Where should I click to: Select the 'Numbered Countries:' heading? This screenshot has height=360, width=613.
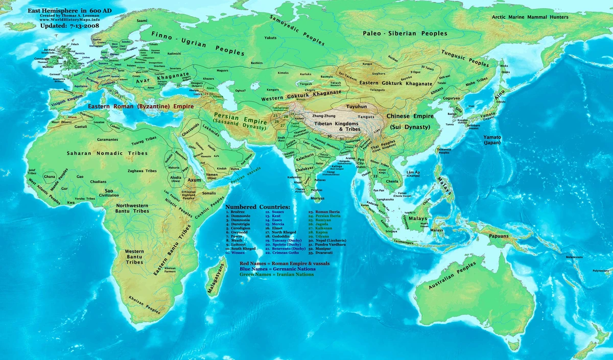257,207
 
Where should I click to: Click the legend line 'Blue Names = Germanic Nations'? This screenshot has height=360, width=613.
277,269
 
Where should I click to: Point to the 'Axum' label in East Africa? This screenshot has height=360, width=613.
194,180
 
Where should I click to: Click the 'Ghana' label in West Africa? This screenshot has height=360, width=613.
50,176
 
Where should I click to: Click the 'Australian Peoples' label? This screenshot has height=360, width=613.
446,282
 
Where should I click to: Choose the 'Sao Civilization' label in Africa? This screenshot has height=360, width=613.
109,192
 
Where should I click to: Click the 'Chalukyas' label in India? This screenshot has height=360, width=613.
290,168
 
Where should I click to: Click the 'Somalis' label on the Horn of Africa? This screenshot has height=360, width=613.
209,194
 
